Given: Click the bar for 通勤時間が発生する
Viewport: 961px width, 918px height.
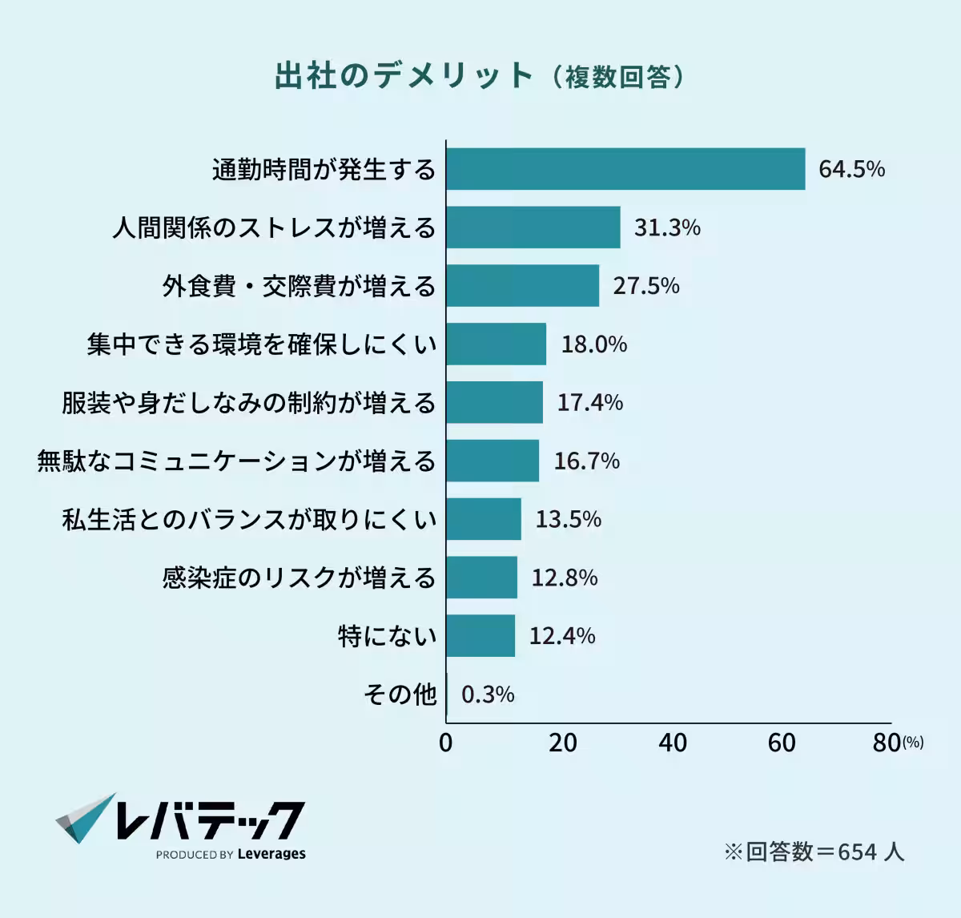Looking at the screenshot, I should coord(625,169).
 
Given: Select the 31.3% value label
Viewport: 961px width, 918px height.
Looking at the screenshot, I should coord(667,227).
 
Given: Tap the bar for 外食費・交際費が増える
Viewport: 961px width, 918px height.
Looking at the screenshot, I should coord(523,286).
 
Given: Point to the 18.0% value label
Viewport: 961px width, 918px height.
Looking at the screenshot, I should coord(593,344).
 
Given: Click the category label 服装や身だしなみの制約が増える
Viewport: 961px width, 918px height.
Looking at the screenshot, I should coord(248,402).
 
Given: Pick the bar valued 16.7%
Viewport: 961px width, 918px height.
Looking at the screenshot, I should coord(493,461).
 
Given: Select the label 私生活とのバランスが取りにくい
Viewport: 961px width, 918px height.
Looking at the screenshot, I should coord(249,519).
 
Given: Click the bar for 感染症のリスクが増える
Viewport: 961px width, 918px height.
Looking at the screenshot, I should coord(482,578).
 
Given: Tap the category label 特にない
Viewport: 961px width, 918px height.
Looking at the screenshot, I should coord(388,636).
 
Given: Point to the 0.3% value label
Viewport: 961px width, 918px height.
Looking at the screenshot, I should coord(488,694).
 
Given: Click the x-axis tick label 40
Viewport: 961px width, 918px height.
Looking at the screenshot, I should coord(673,743).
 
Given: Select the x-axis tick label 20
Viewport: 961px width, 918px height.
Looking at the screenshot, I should coord(563,743).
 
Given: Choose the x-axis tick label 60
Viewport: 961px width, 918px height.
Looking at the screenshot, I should coord(782,743).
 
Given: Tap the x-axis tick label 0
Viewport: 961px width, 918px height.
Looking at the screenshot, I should coord(446,743).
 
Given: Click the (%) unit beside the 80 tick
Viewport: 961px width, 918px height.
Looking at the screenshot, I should coord(913,743).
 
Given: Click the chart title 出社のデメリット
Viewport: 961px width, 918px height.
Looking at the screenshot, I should coord(404,76).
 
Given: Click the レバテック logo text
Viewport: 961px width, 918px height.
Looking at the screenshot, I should coord(210,820).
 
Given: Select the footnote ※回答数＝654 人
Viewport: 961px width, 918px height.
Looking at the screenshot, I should coord(814,852).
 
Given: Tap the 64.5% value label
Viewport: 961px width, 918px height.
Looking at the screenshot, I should coord(851,169).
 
